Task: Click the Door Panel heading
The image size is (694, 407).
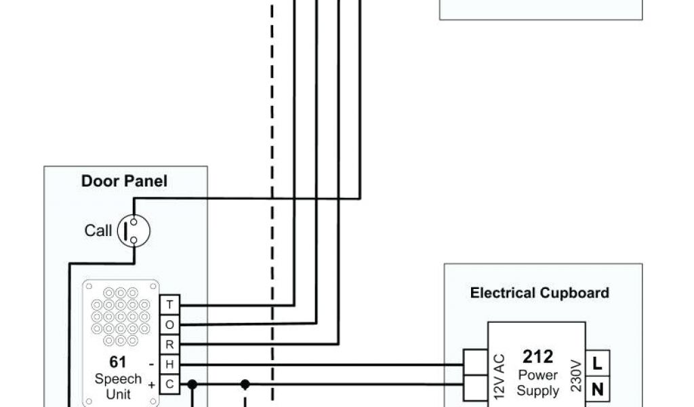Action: coord(124,181)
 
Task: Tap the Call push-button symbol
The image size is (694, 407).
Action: coord(134,231)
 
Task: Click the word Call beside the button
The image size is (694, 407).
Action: coord(98,231)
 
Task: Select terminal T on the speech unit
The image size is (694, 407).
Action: coord(169,305)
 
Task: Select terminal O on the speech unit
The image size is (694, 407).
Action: coord(169,325)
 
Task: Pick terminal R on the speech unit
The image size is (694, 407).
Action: coord(169,345)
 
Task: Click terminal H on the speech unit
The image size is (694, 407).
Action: coord(169,364)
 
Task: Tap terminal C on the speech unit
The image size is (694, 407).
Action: coord(169,385)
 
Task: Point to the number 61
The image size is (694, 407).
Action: coord(118,362)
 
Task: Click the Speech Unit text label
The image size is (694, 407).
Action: coord(118,386)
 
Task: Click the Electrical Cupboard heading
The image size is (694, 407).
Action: coord(539,293)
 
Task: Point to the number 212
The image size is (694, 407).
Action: coord(537,357)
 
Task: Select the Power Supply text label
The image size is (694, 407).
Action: coord(537,383)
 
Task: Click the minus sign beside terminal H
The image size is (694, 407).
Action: coord(150,364)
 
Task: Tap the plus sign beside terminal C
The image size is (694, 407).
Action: coord(150,385)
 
